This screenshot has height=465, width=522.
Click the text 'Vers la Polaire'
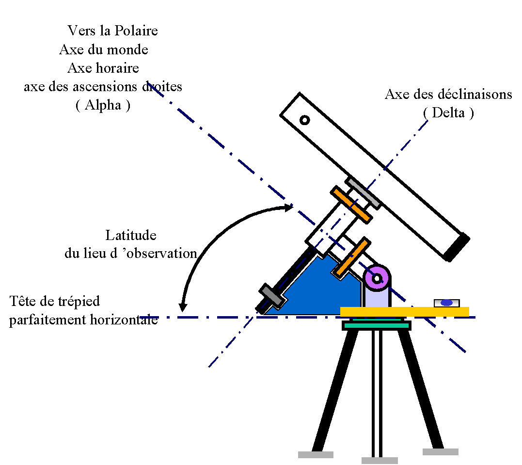(x=112, y=31)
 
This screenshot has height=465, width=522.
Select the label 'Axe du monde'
(x=103, y=49)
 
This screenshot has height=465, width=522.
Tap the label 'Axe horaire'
(x=103, y=67)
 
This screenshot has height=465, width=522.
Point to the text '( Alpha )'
(x=103, y=105)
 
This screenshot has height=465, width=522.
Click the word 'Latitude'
(x=131, y=235)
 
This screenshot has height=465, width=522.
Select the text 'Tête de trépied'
(x=54, y=301)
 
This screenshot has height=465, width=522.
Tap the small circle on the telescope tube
(x=304, y=120)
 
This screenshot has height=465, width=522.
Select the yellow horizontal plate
(x=404, y=311)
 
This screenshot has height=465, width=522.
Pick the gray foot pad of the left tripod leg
(x=316, y=455)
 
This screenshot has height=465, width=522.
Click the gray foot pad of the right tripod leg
(x=440, y=452)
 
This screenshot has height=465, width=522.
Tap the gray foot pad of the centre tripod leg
(x=380, y=460)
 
